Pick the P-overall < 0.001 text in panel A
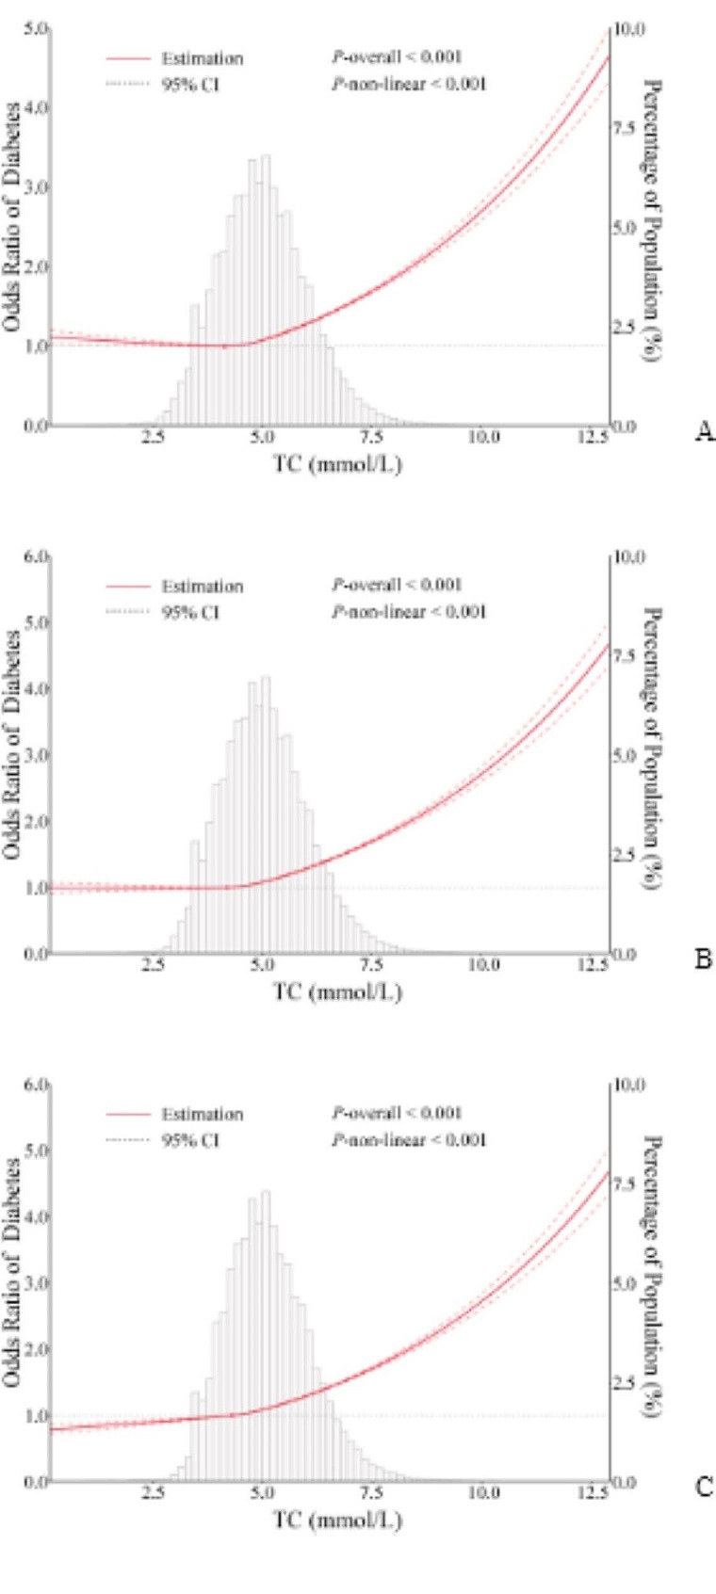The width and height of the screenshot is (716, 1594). coord(397,57)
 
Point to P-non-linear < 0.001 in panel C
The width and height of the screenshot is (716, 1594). coord(409,1140)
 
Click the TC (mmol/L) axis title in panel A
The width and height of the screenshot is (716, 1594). coord(337,464)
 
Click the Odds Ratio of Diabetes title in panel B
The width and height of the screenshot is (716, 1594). coord(12,744)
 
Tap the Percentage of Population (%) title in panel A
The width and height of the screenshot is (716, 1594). coord(650,211)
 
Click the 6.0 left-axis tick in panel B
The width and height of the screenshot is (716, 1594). coord(36,557)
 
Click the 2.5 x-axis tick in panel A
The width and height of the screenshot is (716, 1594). coord(154,438)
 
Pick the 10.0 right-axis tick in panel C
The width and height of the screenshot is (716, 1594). coord(629,1086)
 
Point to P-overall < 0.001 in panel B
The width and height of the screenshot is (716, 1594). coord(397,586)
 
